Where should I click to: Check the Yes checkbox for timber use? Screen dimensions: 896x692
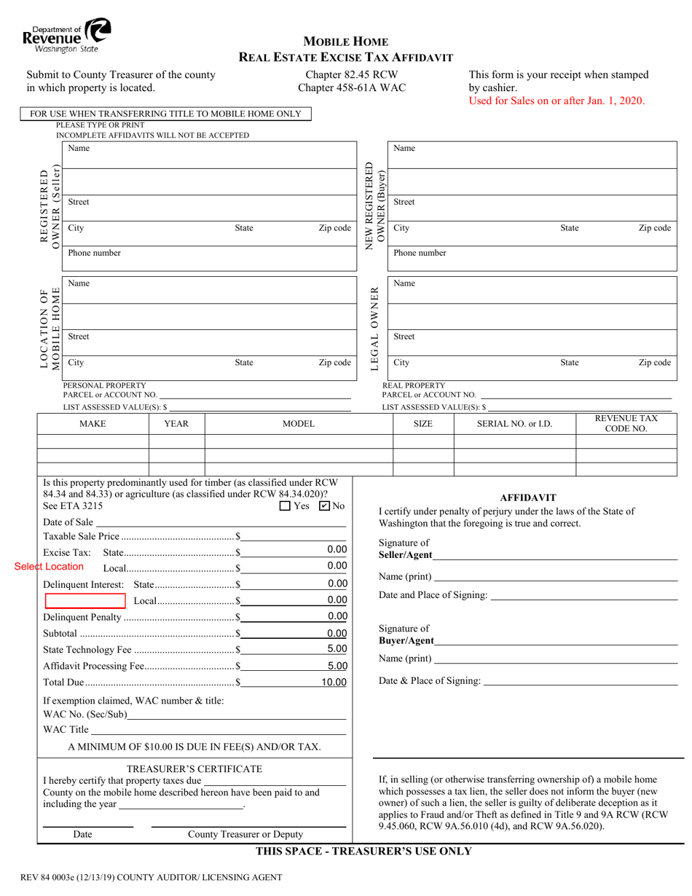pos(286,506)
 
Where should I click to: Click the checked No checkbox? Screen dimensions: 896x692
pos(325,506)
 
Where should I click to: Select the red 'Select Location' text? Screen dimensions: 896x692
pos(50,567)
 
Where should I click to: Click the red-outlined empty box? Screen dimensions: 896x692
pos(85,600)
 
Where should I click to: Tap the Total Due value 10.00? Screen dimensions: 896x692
pos(334,683)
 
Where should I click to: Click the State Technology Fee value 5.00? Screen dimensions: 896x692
pos(337,649)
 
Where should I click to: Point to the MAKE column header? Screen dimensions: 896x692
pos(93,423)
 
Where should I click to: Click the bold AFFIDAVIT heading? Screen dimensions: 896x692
pos(528,498)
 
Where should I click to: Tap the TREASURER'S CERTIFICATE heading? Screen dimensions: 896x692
pos(194,769)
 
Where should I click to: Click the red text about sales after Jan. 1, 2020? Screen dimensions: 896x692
pos(557,101)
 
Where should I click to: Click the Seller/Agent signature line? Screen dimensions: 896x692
pos(554,556)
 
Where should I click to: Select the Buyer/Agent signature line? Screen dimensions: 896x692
pos(554,641)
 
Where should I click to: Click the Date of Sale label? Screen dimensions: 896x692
pos(68,522)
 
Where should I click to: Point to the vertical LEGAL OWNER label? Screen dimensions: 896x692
pos(375,329)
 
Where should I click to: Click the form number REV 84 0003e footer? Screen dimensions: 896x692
pos(151,878)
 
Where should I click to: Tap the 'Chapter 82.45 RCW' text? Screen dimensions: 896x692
pos(351,74)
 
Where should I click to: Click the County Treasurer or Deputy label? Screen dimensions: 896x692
pos(245,835)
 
